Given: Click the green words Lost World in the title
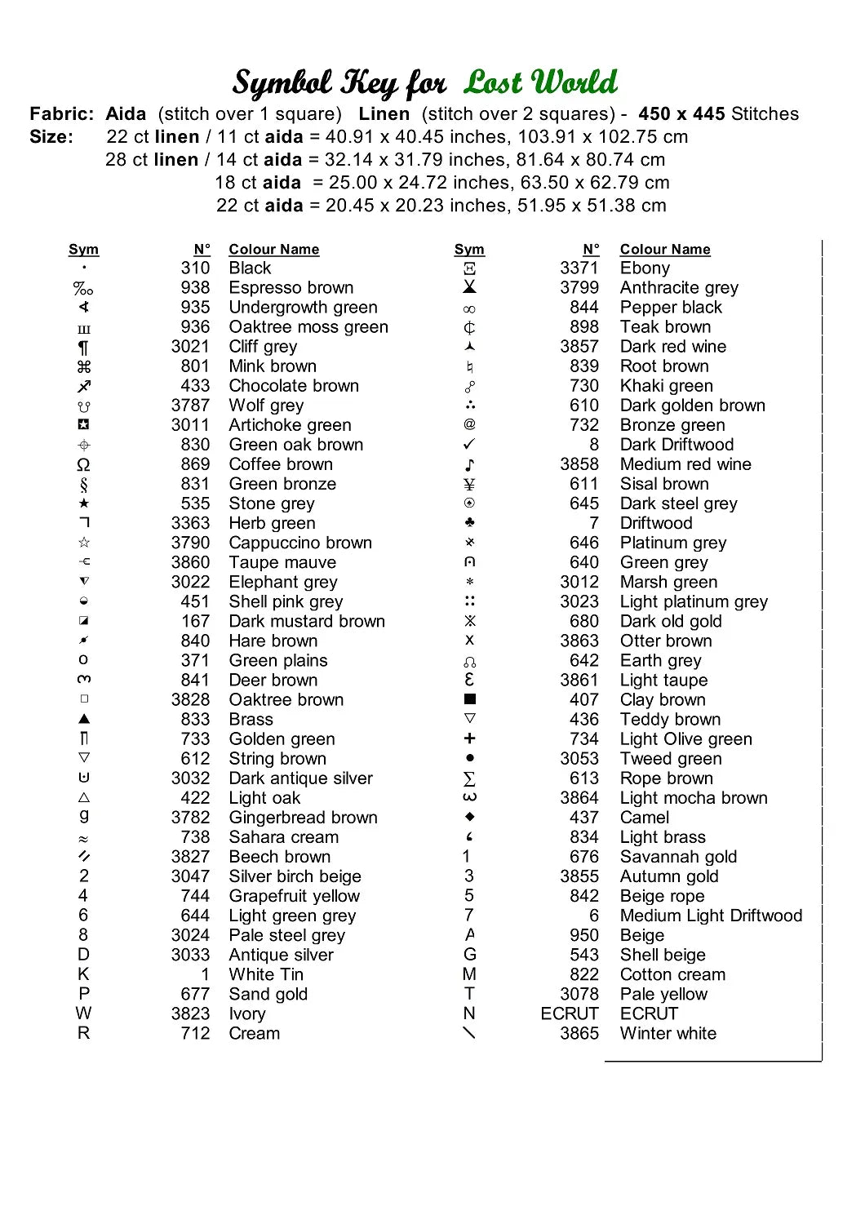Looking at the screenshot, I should [540, 82].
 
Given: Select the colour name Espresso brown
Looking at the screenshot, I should [291, 288].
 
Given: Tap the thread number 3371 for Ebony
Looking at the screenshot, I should [579, 268].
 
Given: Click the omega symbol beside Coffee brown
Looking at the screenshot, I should [83, 465].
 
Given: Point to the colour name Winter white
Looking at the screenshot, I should [668, 1034].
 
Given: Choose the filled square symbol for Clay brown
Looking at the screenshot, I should [469, 699].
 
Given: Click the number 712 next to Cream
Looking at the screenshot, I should [195, 1034].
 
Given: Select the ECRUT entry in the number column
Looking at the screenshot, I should [570, 1014].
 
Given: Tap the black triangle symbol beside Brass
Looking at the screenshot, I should [84, 720].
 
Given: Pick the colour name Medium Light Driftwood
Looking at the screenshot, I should [711, 916].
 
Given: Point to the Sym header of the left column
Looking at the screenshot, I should [83, 250].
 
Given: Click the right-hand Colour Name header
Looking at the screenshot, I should [665, 250].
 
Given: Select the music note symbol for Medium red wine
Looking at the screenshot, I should [469, 465].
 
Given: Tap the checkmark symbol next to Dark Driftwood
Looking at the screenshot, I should [469, 445].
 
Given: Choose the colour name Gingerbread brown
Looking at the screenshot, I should [303, 818].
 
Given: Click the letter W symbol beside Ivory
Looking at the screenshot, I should [83, 1013].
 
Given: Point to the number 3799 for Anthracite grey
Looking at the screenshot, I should [579, 288].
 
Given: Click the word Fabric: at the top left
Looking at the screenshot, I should [62, 114].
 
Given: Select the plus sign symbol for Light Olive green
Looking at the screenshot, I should [469, 738].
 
